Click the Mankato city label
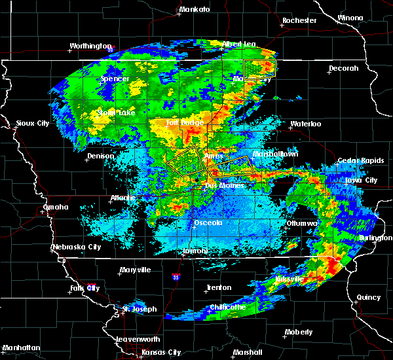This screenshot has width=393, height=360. (195, 9)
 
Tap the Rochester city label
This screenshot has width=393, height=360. (299, 20)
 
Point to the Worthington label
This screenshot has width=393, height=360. (90, 46)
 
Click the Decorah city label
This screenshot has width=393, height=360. (343, 68)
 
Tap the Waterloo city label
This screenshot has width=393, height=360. (305, 124)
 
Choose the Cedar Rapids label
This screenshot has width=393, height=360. (358, 160)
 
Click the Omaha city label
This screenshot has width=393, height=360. (55, 207)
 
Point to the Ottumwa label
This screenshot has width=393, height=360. (302, 223)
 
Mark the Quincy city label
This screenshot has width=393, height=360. (369, 297)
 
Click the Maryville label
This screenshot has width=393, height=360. (135, 270)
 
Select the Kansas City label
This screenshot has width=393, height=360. (161, 352)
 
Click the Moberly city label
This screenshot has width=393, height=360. (299, 332)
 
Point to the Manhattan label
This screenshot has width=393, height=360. (22, 347)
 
